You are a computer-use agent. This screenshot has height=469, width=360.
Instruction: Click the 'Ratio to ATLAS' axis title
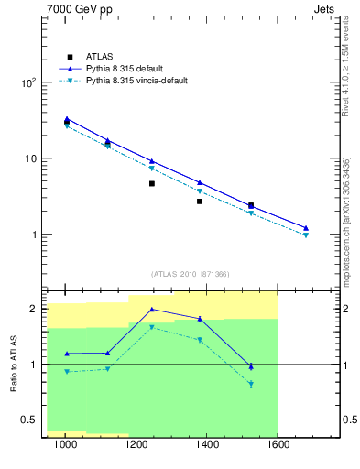[14, 364]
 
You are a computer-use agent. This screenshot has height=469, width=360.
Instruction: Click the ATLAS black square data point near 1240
[152, 184]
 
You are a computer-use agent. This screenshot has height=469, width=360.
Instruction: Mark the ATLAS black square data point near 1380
[200, 202]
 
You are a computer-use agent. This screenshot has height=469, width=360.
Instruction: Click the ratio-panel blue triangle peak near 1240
[152, 310]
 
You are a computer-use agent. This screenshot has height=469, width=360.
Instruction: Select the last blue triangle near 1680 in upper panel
[306, 227]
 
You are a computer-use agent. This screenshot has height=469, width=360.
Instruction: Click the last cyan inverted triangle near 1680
[306, 235]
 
